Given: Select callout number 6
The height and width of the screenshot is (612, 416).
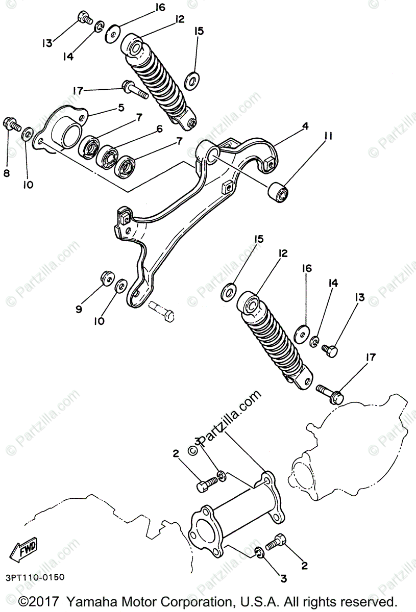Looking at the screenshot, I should click(x=159, y=129).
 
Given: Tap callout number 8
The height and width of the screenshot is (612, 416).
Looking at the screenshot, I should click(x=7, y=173).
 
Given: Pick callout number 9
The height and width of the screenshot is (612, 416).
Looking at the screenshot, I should click(x=79, y=309).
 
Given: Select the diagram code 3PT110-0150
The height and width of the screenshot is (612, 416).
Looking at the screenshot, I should click(x=35, y=577).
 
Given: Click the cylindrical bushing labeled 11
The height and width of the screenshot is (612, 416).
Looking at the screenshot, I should click(x=279, y=193).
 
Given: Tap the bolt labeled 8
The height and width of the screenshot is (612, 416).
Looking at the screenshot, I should click(x=11, y=123).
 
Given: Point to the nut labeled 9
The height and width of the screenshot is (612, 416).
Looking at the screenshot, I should click(x=106, y=277).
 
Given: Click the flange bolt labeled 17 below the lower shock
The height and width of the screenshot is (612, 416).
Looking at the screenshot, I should click(x=331, y=393).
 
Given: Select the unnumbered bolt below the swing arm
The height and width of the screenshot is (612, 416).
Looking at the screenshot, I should click(x=162, y=311).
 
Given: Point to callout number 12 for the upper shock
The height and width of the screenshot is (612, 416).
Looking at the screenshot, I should click(x=179, y=19).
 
